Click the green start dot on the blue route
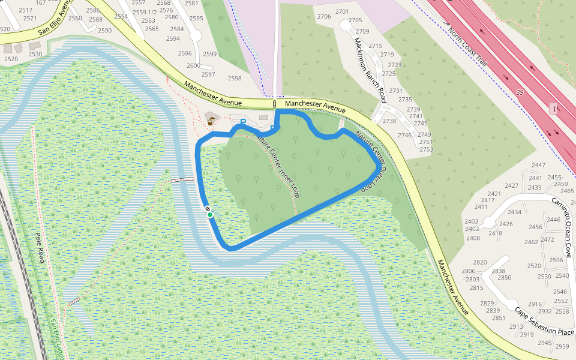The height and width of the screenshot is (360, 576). coord(210,215)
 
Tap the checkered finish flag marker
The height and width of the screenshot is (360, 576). coord(207,209)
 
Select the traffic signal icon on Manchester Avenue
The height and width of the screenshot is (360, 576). coord(274,105)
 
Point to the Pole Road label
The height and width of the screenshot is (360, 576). coord(40,248)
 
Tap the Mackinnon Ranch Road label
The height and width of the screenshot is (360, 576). coord(370,70)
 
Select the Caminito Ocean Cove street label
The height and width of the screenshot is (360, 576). coord(566,222)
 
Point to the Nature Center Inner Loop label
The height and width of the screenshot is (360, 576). coord(277,164)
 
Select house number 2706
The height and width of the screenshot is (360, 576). coord(324,16)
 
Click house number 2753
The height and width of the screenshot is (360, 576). coord(426,149)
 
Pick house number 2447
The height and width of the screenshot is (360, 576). coord(538,165)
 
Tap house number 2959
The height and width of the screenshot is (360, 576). coord(562,346)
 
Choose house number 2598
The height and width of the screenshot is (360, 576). coord(235,78)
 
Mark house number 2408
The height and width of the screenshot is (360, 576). coord(473,238)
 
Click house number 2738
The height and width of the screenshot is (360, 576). coord(389,121)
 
